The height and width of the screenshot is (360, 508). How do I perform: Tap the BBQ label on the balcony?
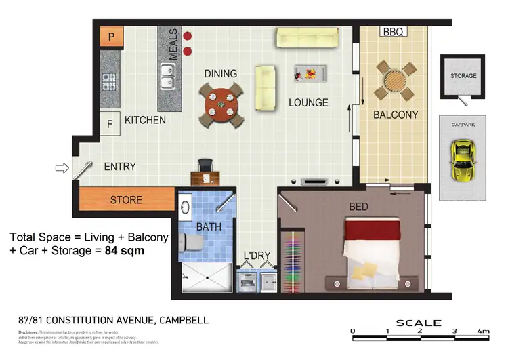coord(393,32)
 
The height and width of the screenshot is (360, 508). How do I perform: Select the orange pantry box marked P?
coord(111,37)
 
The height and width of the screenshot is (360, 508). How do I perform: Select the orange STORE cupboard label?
coord(127,199)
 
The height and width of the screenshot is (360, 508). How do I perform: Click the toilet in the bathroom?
coord(191,241)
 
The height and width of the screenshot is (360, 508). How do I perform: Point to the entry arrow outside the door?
coord(61,168)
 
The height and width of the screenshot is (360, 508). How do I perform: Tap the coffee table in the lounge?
coord(310,73)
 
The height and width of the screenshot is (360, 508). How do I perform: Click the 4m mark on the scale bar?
coord(483,331)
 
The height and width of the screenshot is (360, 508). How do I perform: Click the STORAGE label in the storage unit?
coord(463,76)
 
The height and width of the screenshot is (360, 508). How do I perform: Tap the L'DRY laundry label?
coord(257,256)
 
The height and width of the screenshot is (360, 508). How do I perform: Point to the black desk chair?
coord(205,165)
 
